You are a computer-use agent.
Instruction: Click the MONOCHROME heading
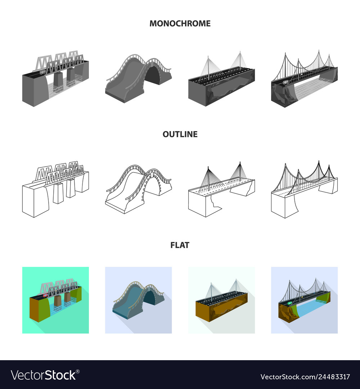click(180, 23)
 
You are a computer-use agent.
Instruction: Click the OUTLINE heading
click(180, 134)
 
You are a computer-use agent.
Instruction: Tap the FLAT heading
click(180, 245)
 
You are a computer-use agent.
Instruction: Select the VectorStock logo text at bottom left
click(44, 375)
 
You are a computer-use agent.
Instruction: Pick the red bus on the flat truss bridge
click(46, 295)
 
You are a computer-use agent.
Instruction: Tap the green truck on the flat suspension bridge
click(289, 303)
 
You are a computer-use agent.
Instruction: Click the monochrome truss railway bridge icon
click(55, 79)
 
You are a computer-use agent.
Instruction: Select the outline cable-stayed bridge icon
click(221, 189)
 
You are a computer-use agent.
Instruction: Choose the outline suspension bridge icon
click(304, 189)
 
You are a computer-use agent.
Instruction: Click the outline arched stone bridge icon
click(138, 189)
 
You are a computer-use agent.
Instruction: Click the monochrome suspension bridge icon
click(304, 79)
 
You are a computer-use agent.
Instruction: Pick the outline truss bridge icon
click(55, 189)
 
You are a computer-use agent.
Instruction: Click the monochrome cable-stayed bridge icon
click(221, 79)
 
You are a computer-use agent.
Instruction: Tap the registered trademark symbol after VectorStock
click(78, 372)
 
